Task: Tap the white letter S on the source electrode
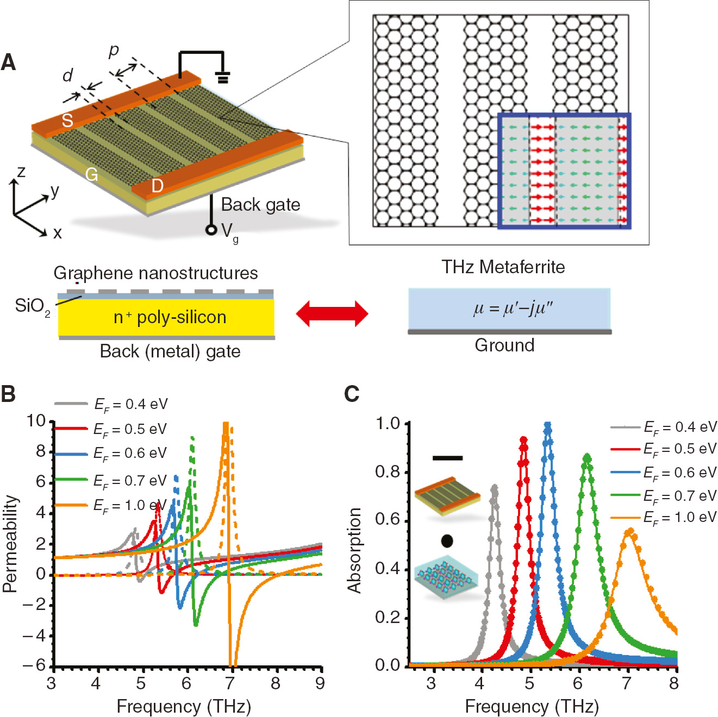(x=67, y=120)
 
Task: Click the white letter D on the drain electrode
(x=157, y=186)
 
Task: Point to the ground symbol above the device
(x=222, y=77)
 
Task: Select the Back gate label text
(x=260, y=205)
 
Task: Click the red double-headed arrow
(x=332, y=313)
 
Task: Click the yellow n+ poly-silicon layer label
(x=170, y=317)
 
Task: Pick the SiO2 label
(x=32, y=306)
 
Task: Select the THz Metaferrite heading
(x=503, y=267)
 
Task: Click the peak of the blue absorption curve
(x=547, y=425)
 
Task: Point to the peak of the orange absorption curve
(x=629, y=531)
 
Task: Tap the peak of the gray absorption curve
(x=494, y=487)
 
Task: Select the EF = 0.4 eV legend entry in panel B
(x=130, y=404)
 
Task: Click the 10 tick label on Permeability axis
(x=36, y=421)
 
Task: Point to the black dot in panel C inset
(x=447, y=541)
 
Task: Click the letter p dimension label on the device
(x=114, y=51)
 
